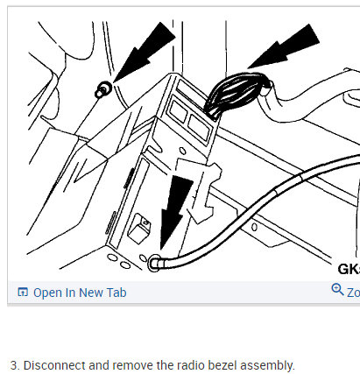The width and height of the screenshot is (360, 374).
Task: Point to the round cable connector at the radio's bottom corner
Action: coord(155,260)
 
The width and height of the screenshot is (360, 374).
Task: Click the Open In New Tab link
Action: coord(79,293)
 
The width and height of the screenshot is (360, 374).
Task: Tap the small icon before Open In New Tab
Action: coord(23,293)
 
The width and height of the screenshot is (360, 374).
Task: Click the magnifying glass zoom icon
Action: coord(337,291)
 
